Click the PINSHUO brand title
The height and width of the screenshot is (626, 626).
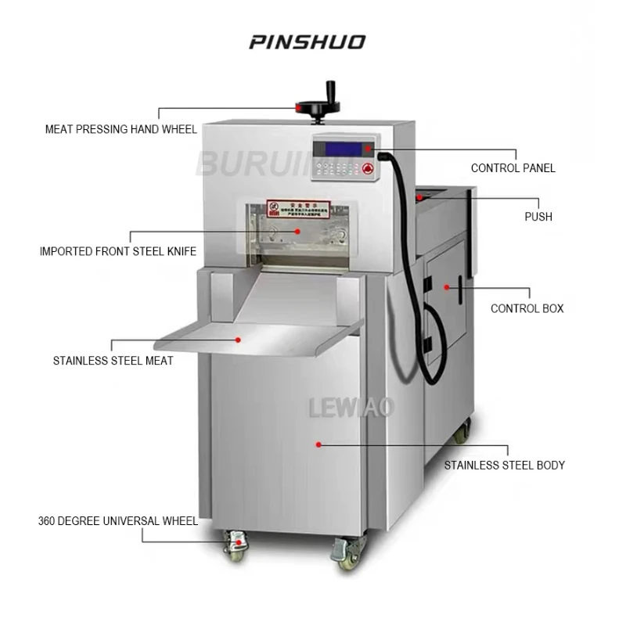click(x=308, y=41)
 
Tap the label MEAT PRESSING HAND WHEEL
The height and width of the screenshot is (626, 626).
click(x=121, y=129)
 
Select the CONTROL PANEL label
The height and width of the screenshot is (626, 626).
click(x=513, y=168)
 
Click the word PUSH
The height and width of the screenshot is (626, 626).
click(x=538, y=217)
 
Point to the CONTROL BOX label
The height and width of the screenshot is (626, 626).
click(x=527, y=308)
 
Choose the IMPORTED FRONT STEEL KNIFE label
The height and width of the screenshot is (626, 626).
click(x=118, y=251)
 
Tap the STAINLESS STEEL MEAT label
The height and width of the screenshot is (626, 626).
click(x=113, y=361)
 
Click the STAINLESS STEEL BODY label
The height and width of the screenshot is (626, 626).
click(x=505, y=465)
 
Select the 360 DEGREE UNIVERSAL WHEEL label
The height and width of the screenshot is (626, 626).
click(x=118, y=520)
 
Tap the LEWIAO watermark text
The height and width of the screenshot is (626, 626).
click(x=351, y=407)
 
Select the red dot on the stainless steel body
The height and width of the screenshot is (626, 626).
click(x=319, y=444)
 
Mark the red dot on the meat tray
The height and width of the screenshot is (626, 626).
click(x=239, y=340)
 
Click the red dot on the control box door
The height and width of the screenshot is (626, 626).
click(x=447, y=287)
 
